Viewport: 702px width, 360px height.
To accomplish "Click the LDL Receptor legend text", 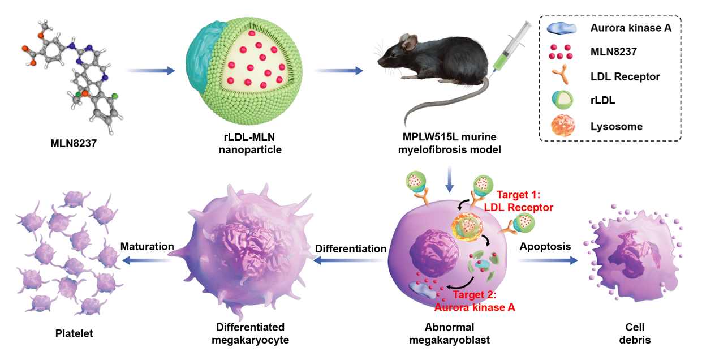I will (x=624, y=76).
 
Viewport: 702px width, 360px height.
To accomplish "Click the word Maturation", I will (x=147, y=247).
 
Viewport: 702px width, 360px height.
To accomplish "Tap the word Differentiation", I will (x=351, y=248).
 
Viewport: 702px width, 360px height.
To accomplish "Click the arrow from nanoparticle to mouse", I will (x=338, y=71).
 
